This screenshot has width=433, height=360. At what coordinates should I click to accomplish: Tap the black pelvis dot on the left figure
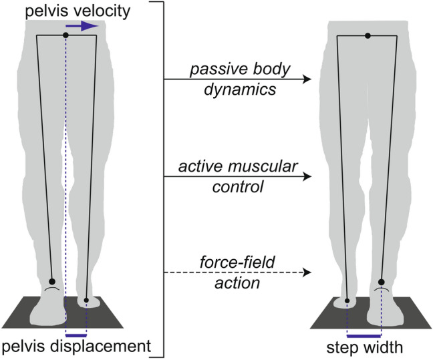click(x=65, y=34)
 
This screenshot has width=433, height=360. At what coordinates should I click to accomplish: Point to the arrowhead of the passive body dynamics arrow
click(x=307, y=79)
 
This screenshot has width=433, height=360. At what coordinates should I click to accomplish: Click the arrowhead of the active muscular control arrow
click(x=307, y=177)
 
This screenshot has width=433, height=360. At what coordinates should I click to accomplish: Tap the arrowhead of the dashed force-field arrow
click(x=307, y=273)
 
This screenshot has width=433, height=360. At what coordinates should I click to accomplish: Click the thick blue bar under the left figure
click(x=76, y=334)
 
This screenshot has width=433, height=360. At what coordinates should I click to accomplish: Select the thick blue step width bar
click(x=364, y=334)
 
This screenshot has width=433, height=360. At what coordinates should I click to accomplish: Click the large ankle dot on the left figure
click(x=53, y=282)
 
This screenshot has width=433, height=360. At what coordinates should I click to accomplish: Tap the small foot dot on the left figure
click(x=87, y=300)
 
